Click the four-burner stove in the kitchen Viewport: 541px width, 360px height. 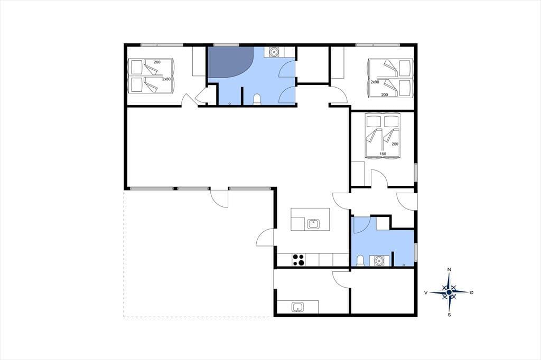tap(299, 260)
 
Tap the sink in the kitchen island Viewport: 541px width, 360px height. tap(313, 224)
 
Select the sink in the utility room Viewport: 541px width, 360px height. tap(297, 307)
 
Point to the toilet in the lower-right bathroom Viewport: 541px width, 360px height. tap(360, 260)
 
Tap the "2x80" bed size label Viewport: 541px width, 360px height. tap(166, 79)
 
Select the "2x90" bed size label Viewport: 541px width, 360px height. tap(375, 82)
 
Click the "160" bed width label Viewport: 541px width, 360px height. tap(383, 154)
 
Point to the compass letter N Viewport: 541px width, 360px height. tap(449, 269)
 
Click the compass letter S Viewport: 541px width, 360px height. tap(449, 315)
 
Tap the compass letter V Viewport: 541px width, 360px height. tap(426, 292)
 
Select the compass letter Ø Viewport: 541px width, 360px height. tap(472, 292)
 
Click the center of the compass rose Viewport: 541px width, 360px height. tap(449, 292)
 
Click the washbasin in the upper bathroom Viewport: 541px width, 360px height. tap(274, 52)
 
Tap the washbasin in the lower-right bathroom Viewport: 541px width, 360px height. tap(379, 261)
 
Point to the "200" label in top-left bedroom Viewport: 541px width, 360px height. tap(157, 62)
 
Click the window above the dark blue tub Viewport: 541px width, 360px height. tap(226, 45)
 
